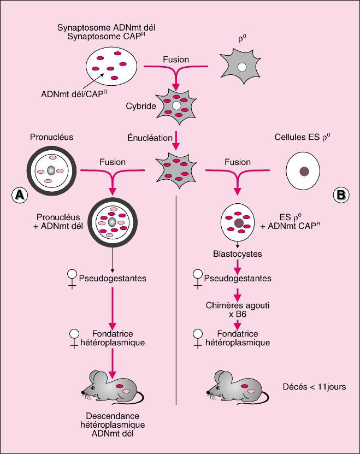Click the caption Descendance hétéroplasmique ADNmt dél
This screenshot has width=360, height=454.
pyautogui.click(x=111, y=424)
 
